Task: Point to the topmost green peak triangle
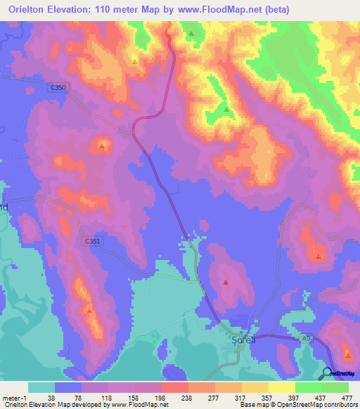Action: (x=191, y=33)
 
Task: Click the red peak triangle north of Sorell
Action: (x=226, y=283)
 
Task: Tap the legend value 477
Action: (x=347, y=396)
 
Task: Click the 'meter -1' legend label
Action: (x=14, y=396)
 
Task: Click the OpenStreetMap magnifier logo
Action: (x=328, y=374)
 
